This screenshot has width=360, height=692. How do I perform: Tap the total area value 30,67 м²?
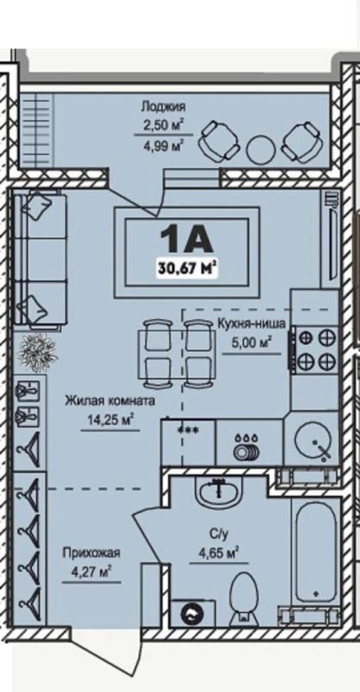[x=186, y=266]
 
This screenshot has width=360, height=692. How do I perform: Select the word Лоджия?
[x=163, y=106]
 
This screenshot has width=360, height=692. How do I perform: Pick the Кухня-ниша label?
[x=251, y=324]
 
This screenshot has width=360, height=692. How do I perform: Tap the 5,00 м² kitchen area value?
[x=251, y=342]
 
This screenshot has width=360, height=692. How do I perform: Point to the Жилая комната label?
[x=110, y=401]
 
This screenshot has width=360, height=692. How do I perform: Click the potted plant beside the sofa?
[x=40, y=353]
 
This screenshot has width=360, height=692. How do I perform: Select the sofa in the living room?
[x=39, y=260]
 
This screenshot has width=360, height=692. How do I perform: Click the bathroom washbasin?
[x=218, y=493]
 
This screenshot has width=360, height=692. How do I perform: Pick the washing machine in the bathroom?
[x=192, y=613]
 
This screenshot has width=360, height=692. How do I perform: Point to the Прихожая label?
[x=91, y=552]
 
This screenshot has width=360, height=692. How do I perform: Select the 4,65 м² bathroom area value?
[x=218, y=551]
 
